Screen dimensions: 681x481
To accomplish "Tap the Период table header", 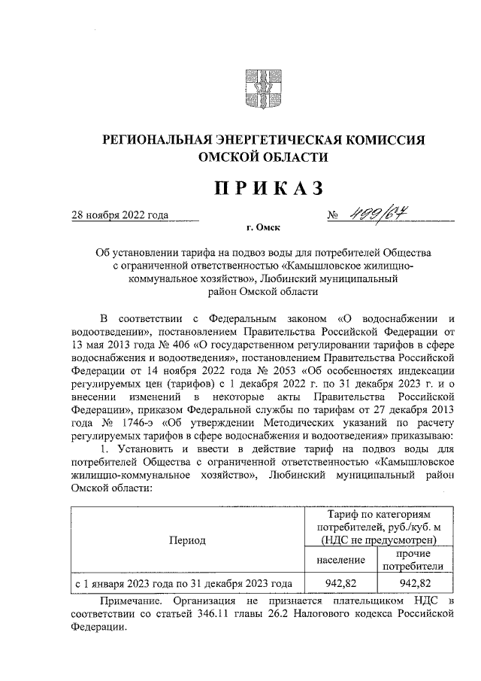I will tap(187, 540).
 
